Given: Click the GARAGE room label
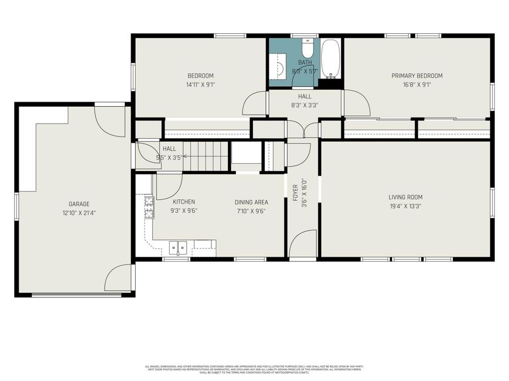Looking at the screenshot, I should click(x=79, y=204).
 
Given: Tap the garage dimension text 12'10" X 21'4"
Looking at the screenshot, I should click(x=79, y=213).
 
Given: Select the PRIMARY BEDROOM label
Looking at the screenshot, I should click(x=417, y=76).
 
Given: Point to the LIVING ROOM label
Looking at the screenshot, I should click(x=405, y=197).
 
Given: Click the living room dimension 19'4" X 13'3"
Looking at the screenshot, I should click(x=405, y=206).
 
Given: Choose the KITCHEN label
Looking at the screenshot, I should click(x=184, y=202).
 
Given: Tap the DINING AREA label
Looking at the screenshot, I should click(x=251, y=202).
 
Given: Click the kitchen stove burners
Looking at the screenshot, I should click(x=149, y=207).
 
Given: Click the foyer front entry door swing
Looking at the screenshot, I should click(x=303, y=244).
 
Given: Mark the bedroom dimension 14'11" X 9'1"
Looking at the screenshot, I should click(x=201, y=85).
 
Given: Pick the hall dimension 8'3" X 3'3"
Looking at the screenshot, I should click(x=305, y=104).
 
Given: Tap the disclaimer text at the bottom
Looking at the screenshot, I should click(x=254, y=369).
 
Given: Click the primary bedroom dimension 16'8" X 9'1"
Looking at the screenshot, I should click(x=417, y=85).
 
